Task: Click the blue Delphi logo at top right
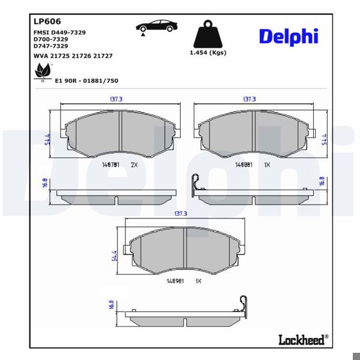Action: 288,36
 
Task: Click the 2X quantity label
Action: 134,164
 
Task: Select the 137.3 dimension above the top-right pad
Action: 248,99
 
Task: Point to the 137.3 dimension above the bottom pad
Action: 181,213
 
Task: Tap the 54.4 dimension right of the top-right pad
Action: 324,139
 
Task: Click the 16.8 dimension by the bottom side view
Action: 111,305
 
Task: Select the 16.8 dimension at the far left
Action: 44,184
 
